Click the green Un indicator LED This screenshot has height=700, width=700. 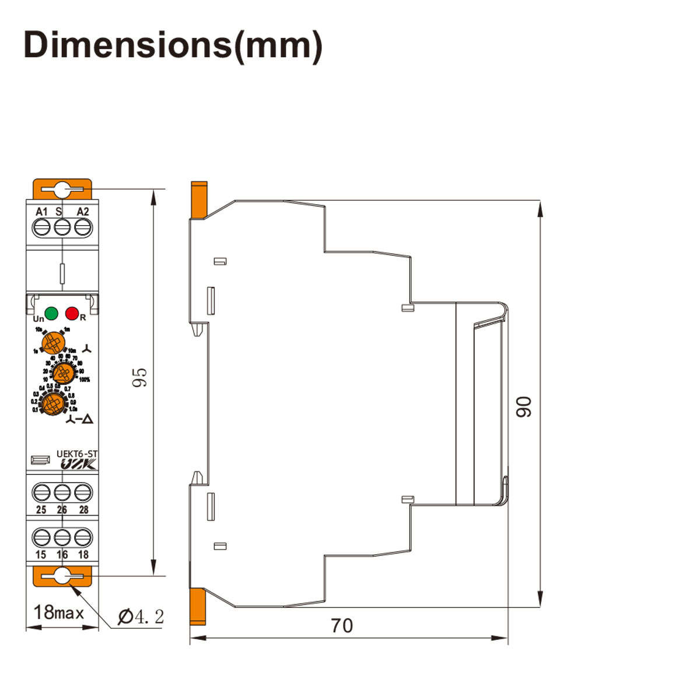click(51, 313)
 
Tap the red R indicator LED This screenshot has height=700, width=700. click(72, 314)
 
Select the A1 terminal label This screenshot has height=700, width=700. click(41, 211)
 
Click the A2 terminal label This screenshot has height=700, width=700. click(83, 211)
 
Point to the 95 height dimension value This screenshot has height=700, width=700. click(140, 377)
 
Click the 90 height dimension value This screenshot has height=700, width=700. click(524, 406)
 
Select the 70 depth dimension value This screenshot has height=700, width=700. click(342, 625)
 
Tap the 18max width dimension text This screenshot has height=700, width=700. click(59, 612)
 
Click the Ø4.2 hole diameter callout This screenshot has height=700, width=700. click(141, 617)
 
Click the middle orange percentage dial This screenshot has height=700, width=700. click(61, 372)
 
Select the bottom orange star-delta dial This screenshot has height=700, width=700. click(53, 403)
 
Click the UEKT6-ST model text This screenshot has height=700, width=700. click(77, 453)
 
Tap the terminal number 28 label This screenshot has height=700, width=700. click(83, 509)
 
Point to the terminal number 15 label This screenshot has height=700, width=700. click(41, 555)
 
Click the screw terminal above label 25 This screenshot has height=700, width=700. click(41, 493)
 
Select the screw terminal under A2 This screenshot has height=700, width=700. click(83, 228)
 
